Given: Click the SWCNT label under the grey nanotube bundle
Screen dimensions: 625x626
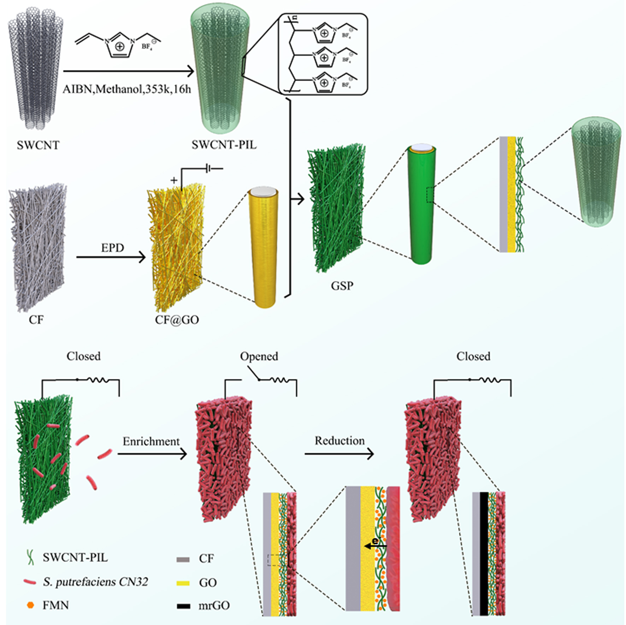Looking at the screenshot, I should (38, 145).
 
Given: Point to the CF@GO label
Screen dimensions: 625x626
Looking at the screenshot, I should (177, 320).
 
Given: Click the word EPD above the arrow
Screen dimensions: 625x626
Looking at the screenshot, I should (112, 248).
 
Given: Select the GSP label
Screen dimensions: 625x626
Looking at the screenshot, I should (342, 285).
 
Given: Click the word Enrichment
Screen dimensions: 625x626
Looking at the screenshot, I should (151, 441).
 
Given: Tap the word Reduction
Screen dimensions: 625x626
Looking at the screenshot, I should (339, 441).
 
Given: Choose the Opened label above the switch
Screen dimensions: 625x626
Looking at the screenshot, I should (259, 356).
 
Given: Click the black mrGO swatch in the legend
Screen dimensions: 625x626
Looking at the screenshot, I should (183, 606).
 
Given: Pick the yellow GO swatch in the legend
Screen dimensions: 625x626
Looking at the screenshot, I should (183, 583).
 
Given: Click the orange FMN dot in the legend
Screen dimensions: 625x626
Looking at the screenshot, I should (31, 605).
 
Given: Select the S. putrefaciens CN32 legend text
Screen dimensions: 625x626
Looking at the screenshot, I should (95, 582).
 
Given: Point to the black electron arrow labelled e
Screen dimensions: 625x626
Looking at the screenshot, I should (375, 546).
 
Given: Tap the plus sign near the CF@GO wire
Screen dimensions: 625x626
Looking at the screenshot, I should (174, 181).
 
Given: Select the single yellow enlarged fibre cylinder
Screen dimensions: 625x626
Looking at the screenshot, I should (264, 247).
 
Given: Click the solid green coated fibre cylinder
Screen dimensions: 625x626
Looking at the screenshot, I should (421, 205).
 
